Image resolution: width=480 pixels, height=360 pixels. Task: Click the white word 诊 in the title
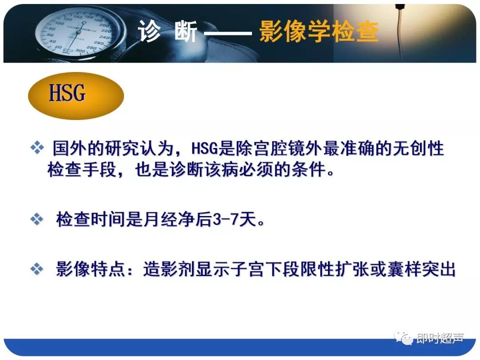tap(149, 32)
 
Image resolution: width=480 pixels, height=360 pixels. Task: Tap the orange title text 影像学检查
tap(318, 32)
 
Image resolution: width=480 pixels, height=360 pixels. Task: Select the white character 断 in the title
tap(186, 32)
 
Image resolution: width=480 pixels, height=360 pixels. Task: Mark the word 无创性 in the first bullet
tap(418, 148)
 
